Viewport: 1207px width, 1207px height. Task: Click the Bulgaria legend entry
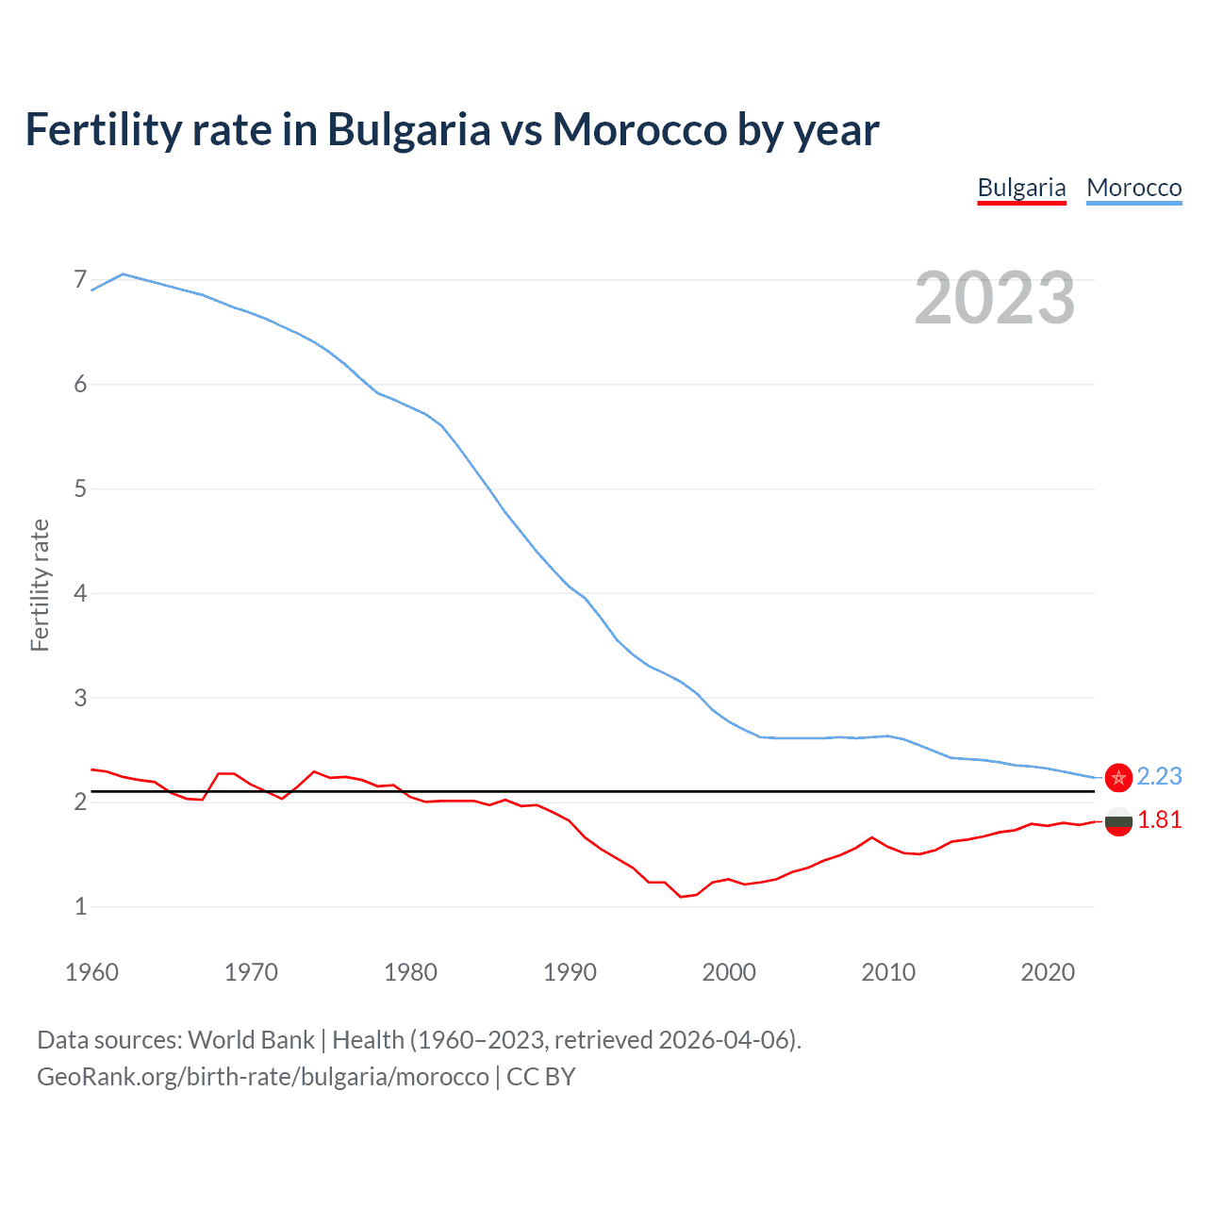[x=1021, y=188]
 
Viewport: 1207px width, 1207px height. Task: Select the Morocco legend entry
[x=1133, y=188]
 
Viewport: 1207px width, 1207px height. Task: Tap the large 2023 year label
[x=994, y=298]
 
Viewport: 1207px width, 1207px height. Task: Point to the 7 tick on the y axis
[x=80, y=280]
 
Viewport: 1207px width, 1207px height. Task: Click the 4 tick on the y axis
[x=80, y=593]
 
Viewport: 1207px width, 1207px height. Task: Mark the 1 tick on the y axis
[x=80, y=906]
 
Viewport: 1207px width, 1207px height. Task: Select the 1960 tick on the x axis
[x=91, y=972]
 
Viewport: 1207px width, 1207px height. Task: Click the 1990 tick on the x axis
[x=570, y=972]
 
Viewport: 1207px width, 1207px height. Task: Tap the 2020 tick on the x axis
[x=1048, y=972]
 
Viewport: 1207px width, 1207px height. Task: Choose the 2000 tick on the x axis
[x=729, y=972]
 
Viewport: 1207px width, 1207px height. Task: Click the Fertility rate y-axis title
[x=40, y=585]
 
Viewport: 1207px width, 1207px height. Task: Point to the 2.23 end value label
[x=1159, y=776]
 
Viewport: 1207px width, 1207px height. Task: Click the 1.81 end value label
[x=1159, y=819]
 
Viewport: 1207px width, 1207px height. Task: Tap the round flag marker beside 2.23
[x=1118, y=777]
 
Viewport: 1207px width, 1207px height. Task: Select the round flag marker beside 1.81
[x=1118, y=822]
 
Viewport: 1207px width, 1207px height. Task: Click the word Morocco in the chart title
[x=640, y=129]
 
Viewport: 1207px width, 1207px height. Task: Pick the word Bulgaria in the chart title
[x=408, y=129]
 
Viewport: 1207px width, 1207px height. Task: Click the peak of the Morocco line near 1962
[x=124, y=274]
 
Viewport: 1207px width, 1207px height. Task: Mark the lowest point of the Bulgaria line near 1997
[x=681, y=897]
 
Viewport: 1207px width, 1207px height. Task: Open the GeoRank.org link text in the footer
[x=263, y=1077]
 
